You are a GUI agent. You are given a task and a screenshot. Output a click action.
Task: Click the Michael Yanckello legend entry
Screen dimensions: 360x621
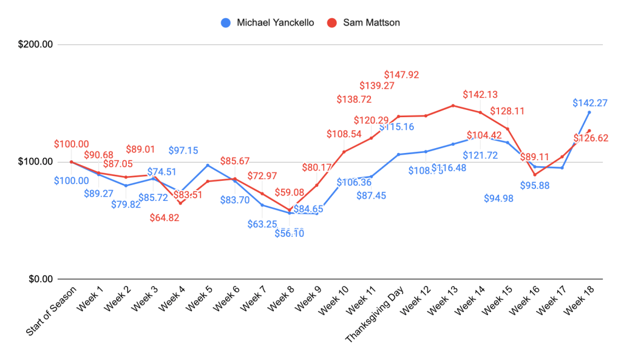(275, 23)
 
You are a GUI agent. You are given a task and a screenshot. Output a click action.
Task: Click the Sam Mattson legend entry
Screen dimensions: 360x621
(371, 23)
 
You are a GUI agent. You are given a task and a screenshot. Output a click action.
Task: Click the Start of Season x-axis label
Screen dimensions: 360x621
(52, 313)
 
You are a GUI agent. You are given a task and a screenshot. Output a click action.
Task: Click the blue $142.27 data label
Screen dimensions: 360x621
(590, 103)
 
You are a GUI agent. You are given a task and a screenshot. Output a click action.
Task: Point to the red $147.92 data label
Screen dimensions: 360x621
(401, 75)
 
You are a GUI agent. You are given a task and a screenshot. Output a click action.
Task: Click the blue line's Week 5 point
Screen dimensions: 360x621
(208, 165)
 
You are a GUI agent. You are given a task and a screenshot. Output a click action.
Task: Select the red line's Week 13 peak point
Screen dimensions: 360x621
(453, 106)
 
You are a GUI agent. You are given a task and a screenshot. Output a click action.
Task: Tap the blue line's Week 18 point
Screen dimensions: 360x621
(589, 112)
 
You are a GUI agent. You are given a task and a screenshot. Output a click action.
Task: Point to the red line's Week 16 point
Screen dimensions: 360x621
(535, 175)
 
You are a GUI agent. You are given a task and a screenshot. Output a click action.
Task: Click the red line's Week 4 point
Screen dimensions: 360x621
(180, 203)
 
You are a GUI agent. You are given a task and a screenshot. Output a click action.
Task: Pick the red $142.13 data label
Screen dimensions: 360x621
(480, 94)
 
